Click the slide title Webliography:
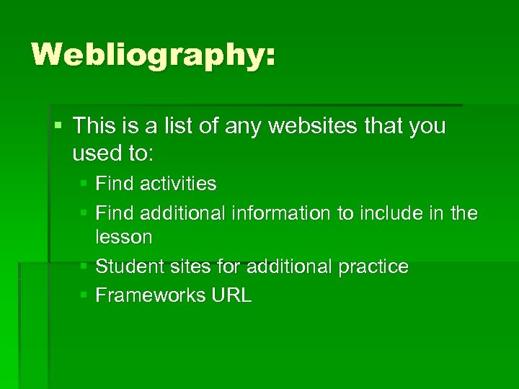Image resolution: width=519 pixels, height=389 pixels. pos(153,55)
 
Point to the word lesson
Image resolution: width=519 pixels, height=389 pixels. pos(123,236)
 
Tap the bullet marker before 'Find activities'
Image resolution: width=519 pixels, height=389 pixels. pos(84,184)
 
